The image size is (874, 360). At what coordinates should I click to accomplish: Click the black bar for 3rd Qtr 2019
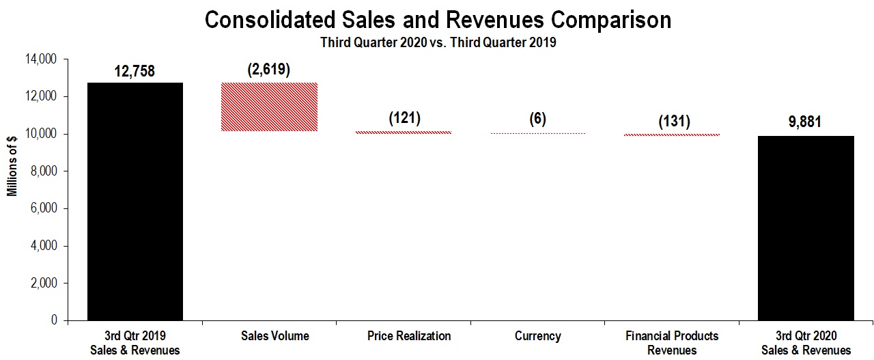135,202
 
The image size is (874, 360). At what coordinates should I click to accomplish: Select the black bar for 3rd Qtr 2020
806,228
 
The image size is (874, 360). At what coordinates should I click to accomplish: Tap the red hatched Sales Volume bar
269,107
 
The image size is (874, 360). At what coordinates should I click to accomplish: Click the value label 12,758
135,71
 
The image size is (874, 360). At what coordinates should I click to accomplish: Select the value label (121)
404,117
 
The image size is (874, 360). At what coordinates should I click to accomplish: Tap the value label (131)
673,121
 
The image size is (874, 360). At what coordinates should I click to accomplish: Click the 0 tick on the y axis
55,320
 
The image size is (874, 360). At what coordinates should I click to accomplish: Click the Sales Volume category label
274,336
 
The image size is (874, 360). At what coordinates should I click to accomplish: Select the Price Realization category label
409,336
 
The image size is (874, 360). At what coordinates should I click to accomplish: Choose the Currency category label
539,336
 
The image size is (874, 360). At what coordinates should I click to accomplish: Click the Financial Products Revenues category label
672,343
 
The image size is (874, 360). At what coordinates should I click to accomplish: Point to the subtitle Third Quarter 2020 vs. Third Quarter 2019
438,42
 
